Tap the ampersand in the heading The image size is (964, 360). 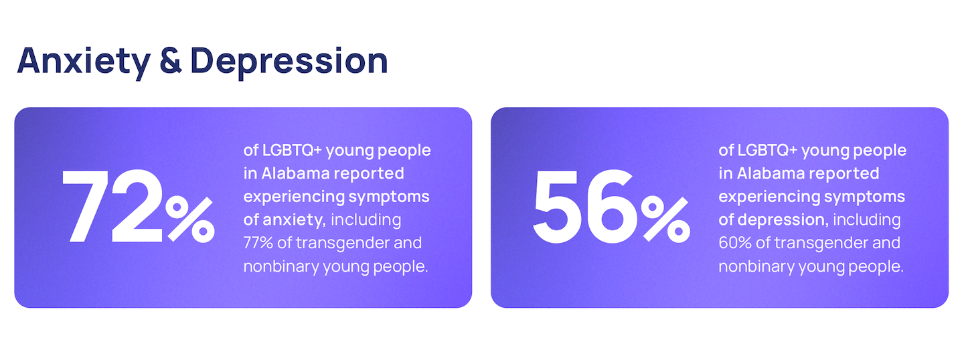(x=171, y=61)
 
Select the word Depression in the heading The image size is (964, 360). (x=289, y=62)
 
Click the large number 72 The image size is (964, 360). (x=112, y=206)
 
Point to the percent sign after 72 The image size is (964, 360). (x=190, y=219)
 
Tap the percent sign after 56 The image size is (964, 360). (x=665, y=219)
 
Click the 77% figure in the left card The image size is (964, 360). (x=258, y=243)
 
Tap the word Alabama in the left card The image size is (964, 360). (x=296, y=173)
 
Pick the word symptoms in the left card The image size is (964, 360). (x=388, y=197)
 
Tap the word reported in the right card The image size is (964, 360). (x=844, y=174)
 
